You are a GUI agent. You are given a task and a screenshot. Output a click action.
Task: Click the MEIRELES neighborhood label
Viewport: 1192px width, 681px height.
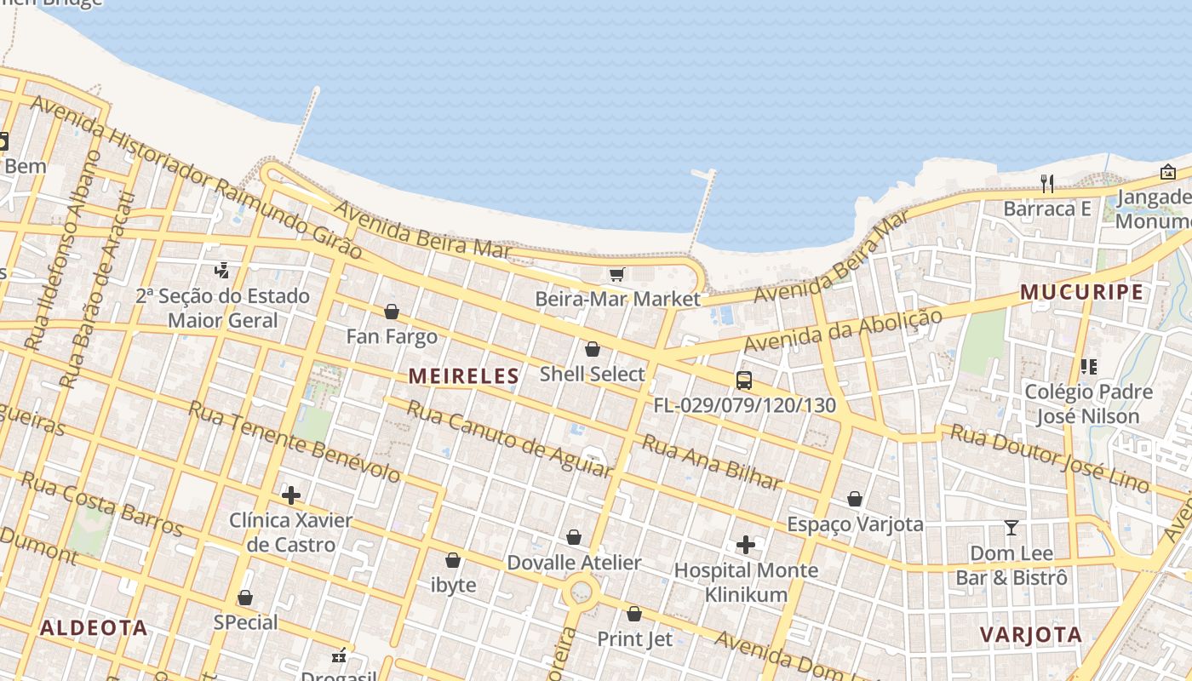pos(463,375)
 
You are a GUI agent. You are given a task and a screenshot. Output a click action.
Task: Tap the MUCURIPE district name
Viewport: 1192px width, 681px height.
pos(1081,292)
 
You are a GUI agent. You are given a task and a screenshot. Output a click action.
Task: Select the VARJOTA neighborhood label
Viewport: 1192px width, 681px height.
pos(1030,634)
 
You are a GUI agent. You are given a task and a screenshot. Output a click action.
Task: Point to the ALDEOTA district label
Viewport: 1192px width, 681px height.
pos(94,628)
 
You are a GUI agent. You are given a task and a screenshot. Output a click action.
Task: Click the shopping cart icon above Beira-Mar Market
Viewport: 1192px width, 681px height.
pos(617,274)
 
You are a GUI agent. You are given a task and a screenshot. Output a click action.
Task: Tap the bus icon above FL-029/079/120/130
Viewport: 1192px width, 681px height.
pos(744,381)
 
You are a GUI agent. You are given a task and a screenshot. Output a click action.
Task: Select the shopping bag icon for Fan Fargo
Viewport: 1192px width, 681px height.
pos(392,312)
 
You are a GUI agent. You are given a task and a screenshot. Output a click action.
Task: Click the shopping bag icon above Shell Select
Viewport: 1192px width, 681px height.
pos(593,349)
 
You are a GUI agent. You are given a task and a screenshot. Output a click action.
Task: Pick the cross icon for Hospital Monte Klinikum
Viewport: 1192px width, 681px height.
pos(746,544)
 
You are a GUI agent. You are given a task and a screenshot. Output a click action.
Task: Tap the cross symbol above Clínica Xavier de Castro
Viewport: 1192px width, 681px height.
pos(291,495)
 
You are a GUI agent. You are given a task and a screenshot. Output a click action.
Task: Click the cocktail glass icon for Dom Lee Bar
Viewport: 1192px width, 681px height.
pos(1011,528)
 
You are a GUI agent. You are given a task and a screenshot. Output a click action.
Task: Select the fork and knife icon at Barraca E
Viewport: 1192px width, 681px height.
pos(1047,183)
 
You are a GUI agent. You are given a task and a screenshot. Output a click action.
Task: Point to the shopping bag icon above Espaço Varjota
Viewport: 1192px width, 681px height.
pos(855,499)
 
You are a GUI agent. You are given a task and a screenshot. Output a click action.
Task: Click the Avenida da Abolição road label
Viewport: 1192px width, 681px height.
pos(843,331)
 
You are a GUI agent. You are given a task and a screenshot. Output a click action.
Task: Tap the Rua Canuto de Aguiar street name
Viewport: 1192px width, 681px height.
pos(508,438)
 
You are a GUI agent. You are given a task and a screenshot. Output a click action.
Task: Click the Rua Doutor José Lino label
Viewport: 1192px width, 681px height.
pos(1049,456)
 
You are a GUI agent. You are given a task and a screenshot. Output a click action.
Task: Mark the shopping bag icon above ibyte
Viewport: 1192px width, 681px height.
pos(453,560)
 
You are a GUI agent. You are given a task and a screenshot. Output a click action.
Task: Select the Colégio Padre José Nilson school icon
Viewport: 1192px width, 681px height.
pos(1088,367)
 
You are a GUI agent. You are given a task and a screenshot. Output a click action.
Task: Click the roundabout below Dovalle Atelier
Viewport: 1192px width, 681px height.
pos(582,589)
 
